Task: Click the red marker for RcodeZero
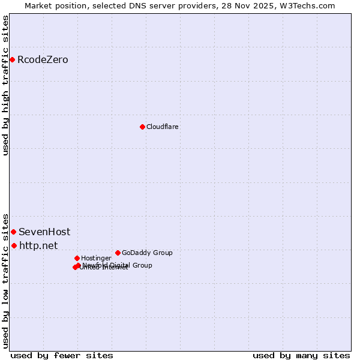[12, 59]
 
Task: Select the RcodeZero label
[43, 59]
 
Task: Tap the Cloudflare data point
[142, 127]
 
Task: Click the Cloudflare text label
[162, 127]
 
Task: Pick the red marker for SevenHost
[13, 232]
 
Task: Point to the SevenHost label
[44, 232]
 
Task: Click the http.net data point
[14, 245]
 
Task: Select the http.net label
[38, 245]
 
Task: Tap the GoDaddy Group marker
[118, 253]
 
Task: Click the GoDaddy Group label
[147, 253]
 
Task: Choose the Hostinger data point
[77, 258]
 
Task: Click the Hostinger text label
[96, 258]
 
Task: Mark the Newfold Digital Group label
[118, 265]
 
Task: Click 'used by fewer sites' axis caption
[62, 355]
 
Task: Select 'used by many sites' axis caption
[301, 355]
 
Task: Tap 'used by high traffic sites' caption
[5, 85]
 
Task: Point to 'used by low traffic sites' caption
[5, 280]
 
